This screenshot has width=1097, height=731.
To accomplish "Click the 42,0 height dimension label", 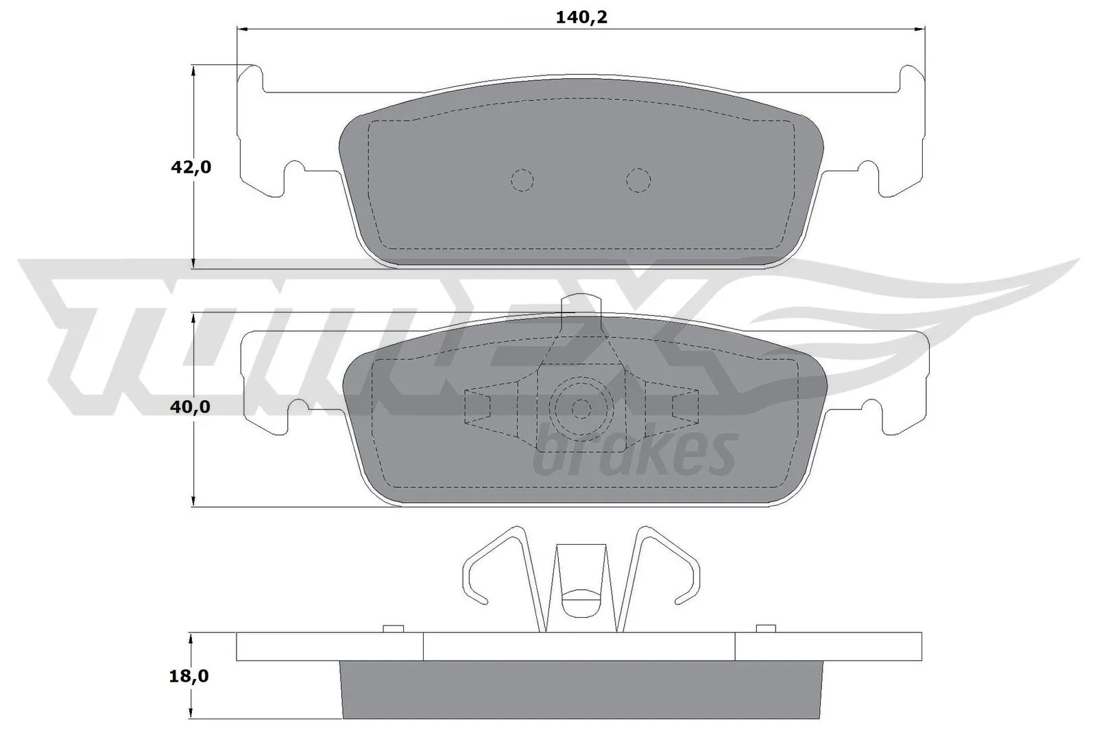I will point(191,167).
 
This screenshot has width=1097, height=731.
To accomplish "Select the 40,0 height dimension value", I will point(191,407).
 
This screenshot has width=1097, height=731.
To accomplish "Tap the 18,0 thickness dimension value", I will point(189,677).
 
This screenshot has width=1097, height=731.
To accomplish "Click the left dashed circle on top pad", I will point(522,179).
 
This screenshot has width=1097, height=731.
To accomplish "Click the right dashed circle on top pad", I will point(638,180).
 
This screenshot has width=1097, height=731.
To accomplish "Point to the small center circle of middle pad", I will point(581,409).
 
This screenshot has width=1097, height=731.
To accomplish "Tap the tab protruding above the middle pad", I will point(581,303).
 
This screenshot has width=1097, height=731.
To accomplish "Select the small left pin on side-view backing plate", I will point(392,628).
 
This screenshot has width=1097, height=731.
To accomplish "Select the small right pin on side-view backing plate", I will point(765,628).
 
